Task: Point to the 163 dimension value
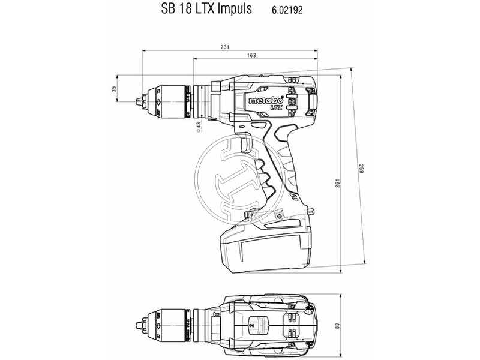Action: (251, 55)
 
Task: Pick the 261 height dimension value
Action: (338, 181)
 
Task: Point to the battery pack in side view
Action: (264, 246)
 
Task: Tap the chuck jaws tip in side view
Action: (140, 96)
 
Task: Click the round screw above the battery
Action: (278, 215)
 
